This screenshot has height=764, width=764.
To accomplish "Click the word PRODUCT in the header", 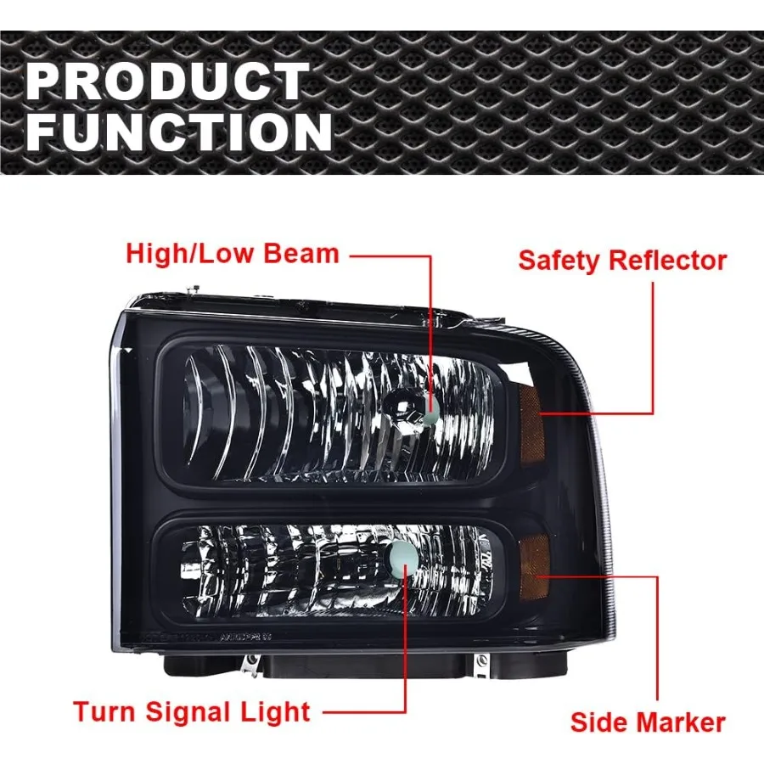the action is (x=166, y=82).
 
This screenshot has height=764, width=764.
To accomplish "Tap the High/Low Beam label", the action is (x=233, y=253).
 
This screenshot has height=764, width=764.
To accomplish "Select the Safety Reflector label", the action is (x=622, y=261).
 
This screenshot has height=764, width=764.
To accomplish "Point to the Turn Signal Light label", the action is (x=192, y=711).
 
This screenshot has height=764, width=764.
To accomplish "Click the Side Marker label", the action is (x=648, y=722).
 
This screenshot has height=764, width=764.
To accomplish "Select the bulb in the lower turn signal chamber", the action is (x=400, y=555).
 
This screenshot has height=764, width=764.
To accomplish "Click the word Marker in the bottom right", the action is (x=682, y=722).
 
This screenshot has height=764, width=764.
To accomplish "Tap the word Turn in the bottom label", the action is (x=104, y=711).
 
